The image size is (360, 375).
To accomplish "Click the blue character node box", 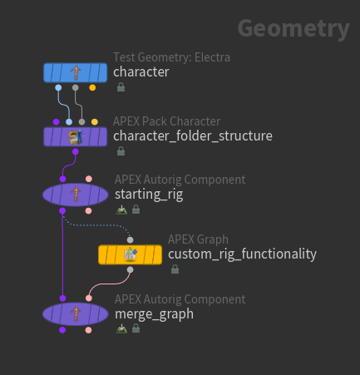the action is click(75, 72).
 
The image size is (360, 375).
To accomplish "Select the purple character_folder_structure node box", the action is click(75, 136).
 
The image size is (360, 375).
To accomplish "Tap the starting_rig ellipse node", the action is click(75, 195).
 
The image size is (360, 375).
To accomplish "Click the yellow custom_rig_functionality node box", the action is click(130, 254).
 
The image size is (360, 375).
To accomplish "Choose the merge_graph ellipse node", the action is click(75, 314).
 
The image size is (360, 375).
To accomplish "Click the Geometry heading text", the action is click(293, 29).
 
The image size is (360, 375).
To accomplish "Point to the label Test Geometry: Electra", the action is click(171, 57).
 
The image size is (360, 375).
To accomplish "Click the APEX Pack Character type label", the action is click(166, 121).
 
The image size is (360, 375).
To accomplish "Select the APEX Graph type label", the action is click(198, 239).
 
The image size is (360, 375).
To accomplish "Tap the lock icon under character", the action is click(121, 87).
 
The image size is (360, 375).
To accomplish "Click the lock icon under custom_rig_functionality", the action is click(175, 269).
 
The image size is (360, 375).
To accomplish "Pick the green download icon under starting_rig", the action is click(121, 210).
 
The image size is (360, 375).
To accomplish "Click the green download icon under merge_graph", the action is click(121, 328).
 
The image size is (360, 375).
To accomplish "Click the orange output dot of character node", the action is click(92, 87).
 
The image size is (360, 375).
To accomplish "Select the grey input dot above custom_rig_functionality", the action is click(130, 239).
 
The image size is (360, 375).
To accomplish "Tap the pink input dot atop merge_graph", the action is click(89, 299).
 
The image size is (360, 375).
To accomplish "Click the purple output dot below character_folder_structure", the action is click(76, 152).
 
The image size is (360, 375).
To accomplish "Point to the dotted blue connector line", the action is click(97, 225).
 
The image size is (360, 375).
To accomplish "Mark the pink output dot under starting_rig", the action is click(89, 211).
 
